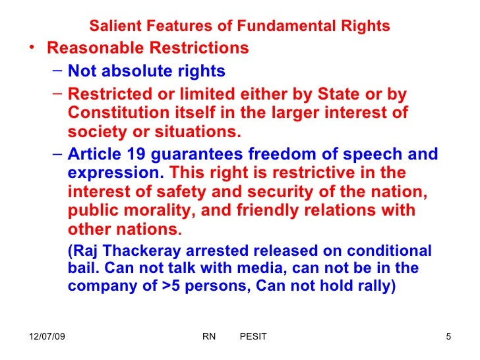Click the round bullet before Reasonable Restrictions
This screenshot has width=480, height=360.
pos(33,49)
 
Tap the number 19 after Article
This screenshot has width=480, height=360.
pos(126,154)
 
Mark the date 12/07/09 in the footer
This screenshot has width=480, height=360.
pos(48,337)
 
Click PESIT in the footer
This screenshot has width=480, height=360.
pos(253,337)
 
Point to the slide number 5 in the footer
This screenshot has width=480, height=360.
pos(448,337)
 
